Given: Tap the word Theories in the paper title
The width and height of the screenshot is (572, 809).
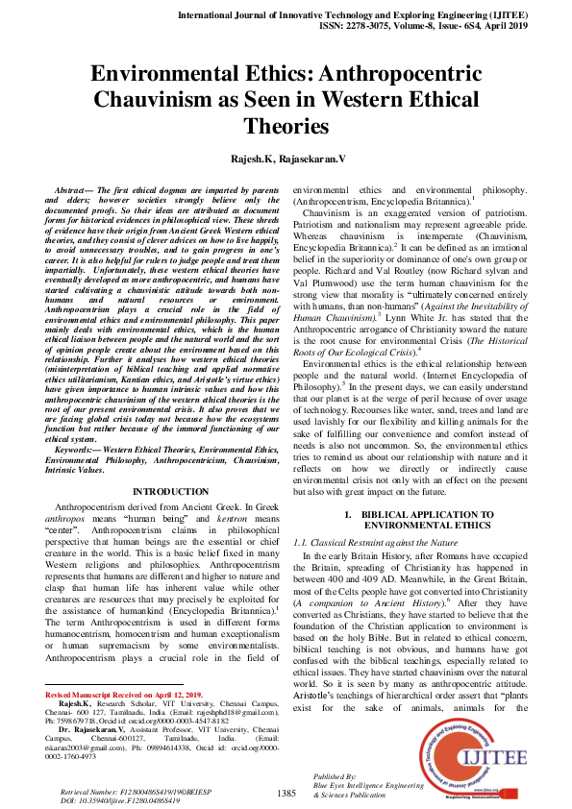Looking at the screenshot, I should point(286,126).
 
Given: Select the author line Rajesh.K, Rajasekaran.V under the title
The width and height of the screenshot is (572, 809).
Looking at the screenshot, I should point(286,156).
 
